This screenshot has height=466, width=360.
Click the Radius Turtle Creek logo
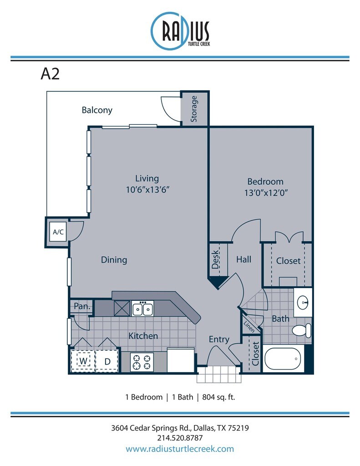tap(180, 30)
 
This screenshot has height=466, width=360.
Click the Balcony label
tap(97, 110)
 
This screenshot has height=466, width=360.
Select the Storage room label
tap(194, 109)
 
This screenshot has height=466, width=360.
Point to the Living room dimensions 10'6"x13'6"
tap(148, 189)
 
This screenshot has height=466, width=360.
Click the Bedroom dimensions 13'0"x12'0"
tap(266, 192)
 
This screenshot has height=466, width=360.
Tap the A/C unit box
tap(58, 232)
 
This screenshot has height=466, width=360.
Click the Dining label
tap(114, 260)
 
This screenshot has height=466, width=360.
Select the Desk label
tap(215, 259)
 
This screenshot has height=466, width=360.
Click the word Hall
tap(244, 259)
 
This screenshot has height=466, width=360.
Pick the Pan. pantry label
tap(82, 306)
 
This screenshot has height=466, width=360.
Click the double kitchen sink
tap(142, 309)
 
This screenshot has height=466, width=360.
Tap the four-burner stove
tap(142, 362)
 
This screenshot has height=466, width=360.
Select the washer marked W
tap(83, 361)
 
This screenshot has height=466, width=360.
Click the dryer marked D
tap(107, 361)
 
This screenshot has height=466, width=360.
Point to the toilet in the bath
tap(302, 330)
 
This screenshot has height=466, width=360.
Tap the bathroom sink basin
tap(303, 303)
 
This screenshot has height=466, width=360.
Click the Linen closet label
tap(249, 327)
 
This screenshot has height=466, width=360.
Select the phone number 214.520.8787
tap(180, 438)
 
